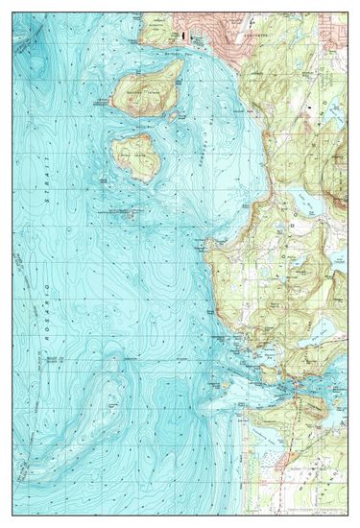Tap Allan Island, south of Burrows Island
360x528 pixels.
[134, 156]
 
